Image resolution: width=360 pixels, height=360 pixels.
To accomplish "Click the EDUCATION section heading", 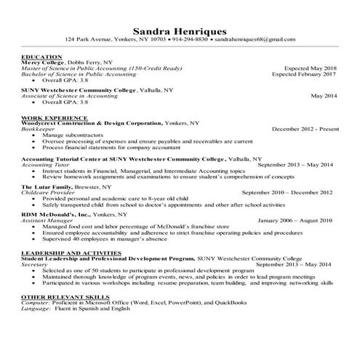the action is pyautogui.click(x=42, y=57).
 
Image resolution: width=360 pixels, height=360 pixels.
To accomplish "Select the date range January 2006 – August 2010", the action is pyautogui.click(x=295, y=219).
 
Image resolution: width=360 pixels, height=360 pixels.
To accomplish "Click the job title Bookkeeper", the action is pyautogui.click(x=39, y=128).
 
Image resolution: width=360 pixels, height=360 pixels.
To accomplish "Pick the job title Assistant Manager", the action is pyautogui.click(x=46, y=219).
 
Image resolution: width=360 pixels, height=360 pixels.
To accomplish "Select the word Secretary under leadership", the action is pyautogui.click(x=36, y=265).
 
